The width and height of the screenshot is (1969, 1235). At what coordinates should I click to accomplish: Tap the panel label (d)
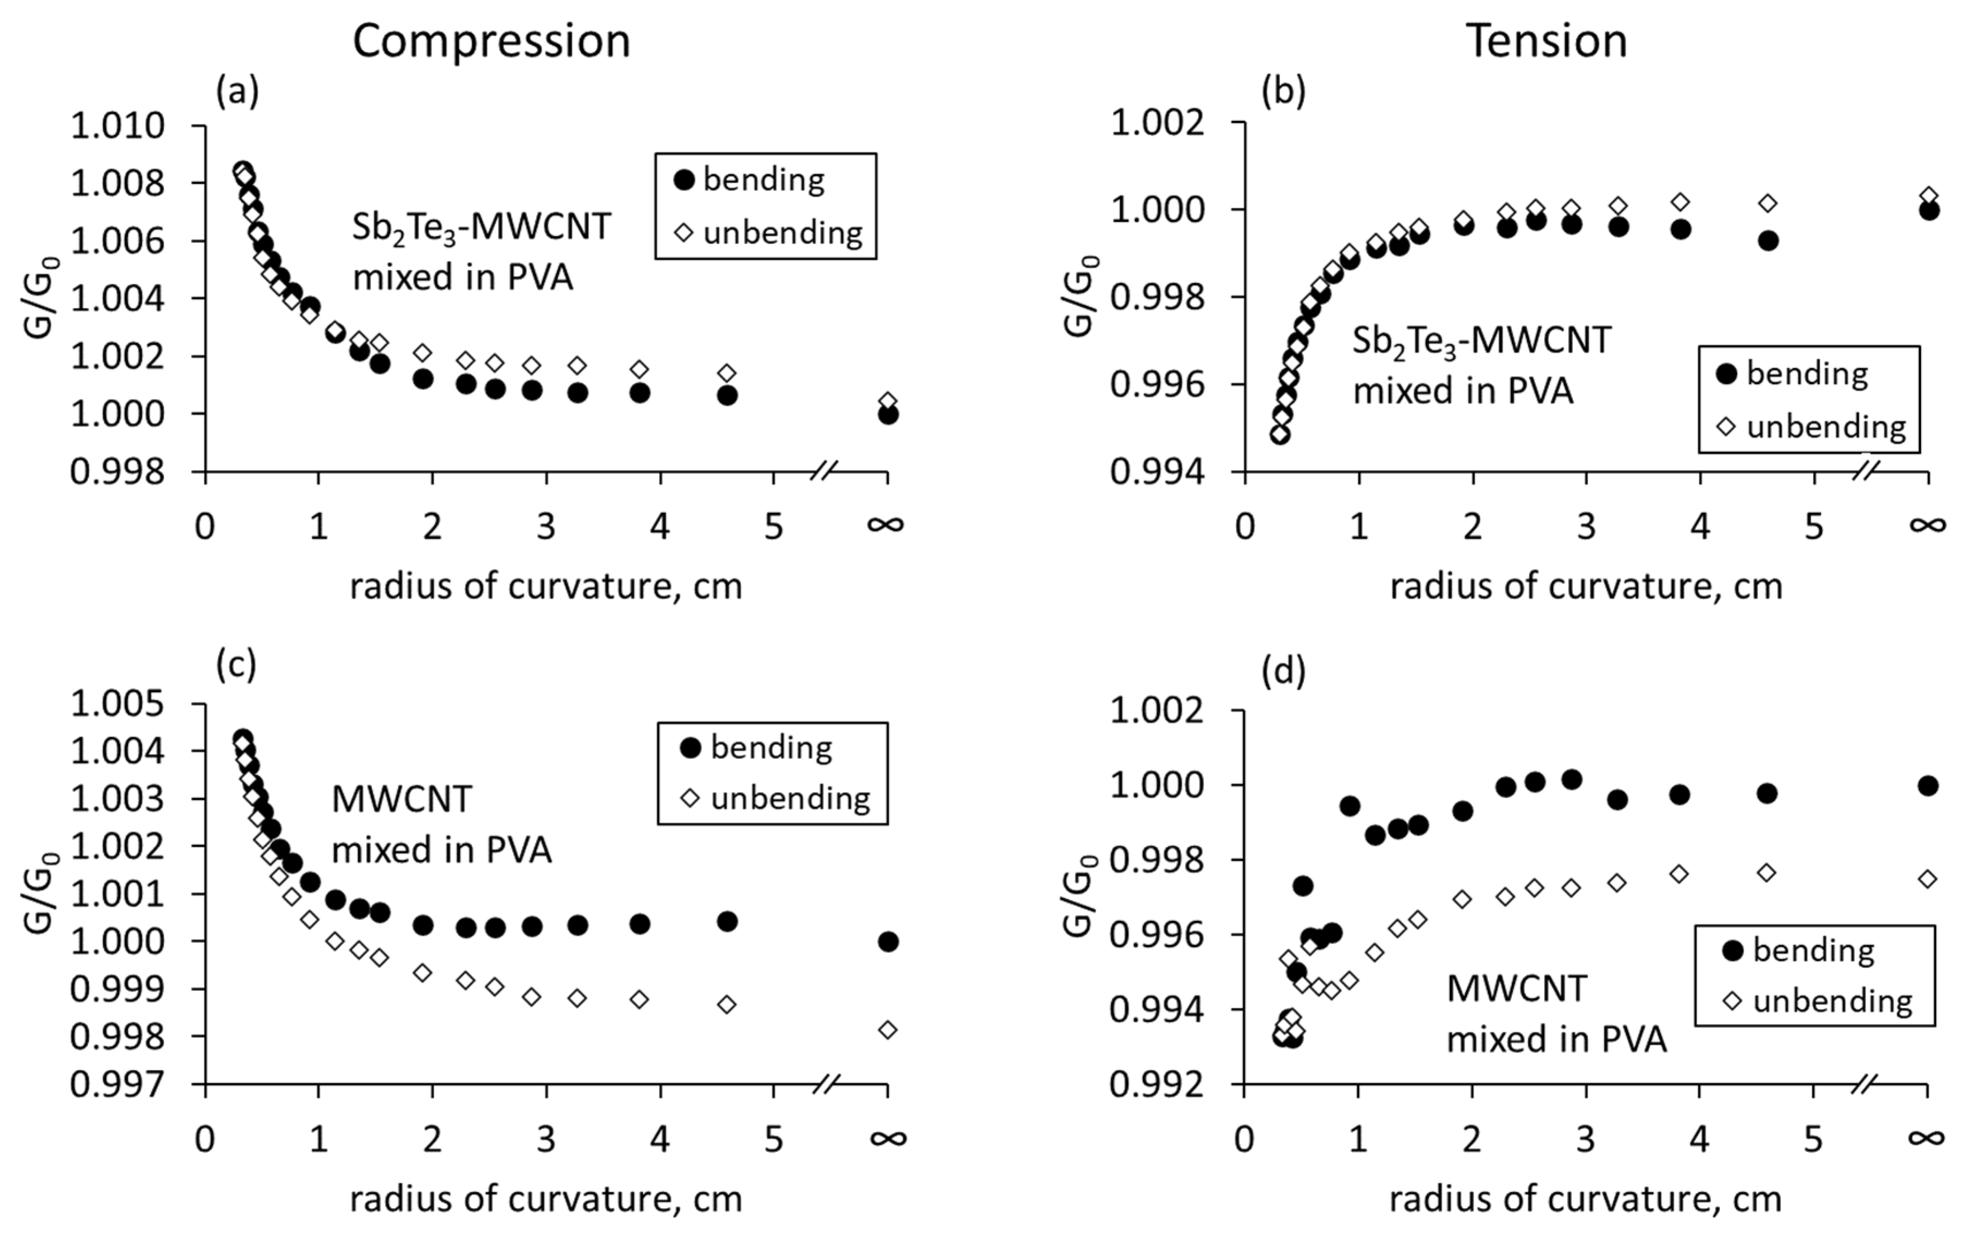[x=1283, y=671]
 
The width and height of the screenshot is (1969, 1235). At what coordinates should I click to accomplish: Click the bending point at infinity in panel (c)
[x=888, y=942]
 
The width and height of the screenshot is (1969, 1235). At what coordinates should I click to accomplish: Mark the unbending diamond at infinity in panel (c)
[x=888, y=1030]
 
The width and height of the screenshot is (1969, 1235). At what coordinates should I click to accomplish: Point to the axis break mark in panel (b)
[x=1866, y=471]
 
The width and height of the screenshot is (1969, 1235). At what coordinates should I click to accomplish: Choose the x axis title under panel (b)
[x=1586, y=586]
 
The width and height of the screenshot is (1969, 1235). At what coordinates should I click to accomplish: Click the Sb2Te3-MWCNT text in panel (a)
[x=481, y=227]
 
